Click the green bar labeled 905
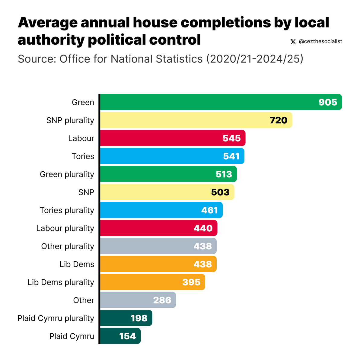click(x=220, y=102)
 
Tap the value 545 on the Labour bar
click(x=231, y=138)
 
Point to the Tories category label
click(x=83, y=156)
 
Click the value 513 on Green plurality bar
click(x=224, y=174)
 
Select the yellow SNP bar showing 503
click(x=167, y=192)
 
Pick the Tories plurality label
click(x=67, y=210)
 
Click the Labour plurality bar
click(x=158, y=228)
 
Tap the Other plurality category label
click(x=68, y=246)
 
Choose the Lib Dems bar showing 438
click(x=158, y=264)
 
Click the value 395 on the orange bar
click(x=191, y=282)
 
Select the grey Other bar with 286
click(x=138, y=300)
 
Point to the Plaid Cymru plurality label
click(x=56, y=318)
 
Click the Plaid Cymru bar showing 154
click(x=120, y=336)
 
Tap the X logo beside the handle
click(x=293, y=42)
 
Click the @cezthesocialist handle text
click(x=320, y=42)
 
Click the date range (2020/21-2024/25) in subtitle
click(x=254, y=59)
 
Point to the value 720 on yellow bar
click(x=278, y=120)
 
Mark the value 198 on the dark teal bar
click(x=139, y=318)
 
